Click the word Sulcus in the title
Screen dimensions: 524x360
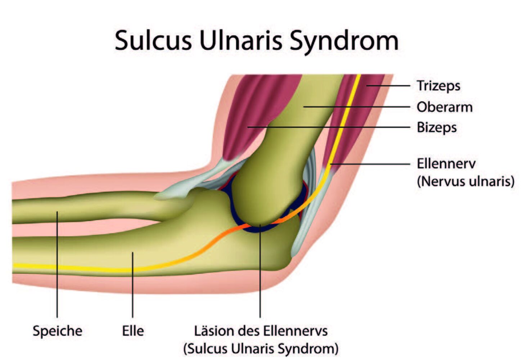click(x=153, y=41)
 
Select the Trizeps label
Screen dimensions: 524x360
click(x=438, y=86)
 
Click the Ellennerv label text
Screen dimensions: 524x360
click(x=446, y=163)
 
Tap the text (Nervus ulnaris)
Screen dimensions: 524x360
click(x=466, y=181)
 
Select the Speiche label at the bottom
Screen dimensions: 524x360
click(x=57, y=332)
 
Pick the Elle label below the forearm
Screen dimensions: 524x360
click(x=133, y=331)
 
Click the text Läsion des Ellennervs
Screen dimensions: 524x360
click(x=261, y=331)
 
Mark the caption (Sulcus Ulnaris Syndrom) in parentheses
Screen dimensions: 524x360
click(x=261, y=349)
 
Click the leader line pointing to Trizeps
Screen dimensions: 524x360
click(x=388, y=86)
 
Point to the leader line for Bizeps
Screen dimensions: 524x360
click(x=329, y=127)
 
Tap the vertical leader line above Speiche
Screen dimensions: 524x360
click(x=57, y=265)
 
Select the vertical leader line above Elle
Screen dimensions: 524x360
click(x=133, y=285)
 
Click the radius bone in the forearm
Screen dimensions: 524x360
click(x=94, y=207)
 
